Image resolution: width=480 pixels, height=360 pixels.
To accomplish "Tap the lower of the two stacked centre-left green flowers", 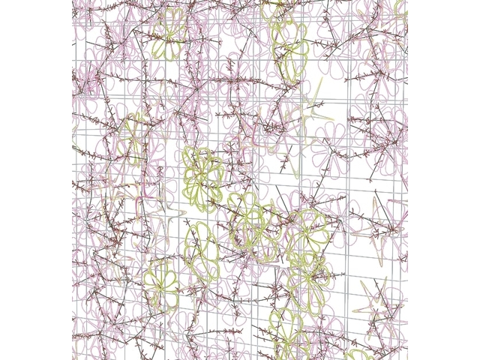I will [202, 247].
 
